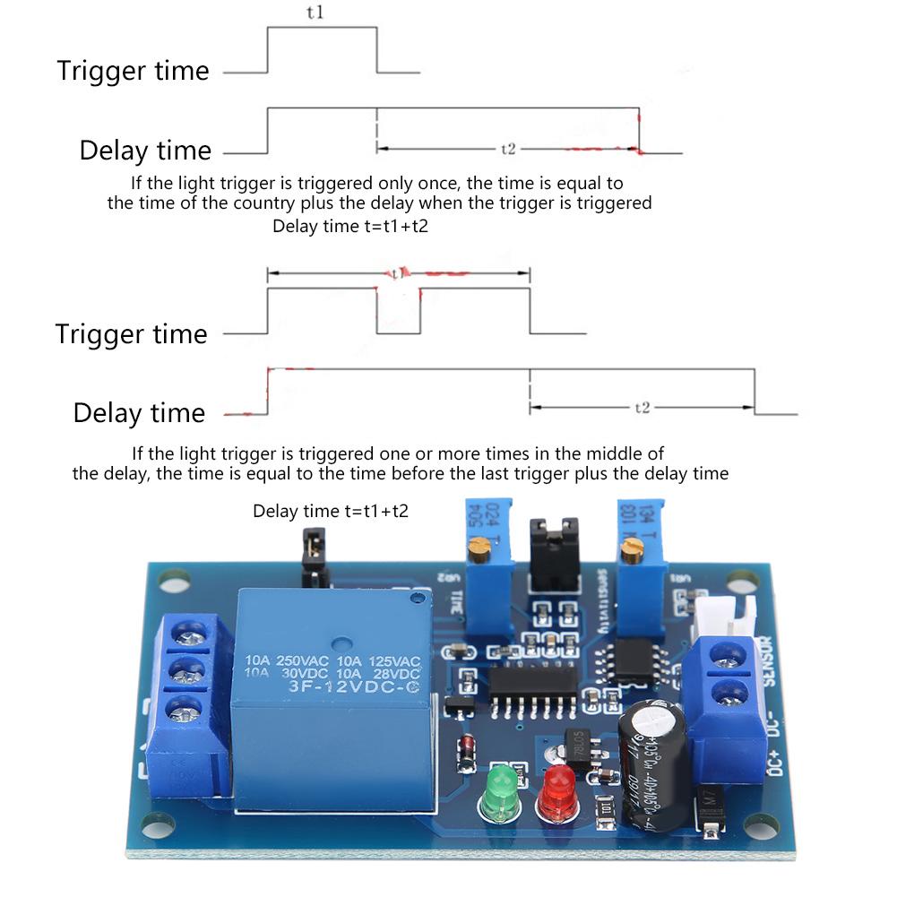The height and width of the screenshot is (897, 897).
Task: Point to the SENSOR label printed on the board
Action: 768,660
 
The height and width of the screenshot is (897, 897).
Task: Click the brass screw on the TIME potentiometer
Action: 482,543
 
